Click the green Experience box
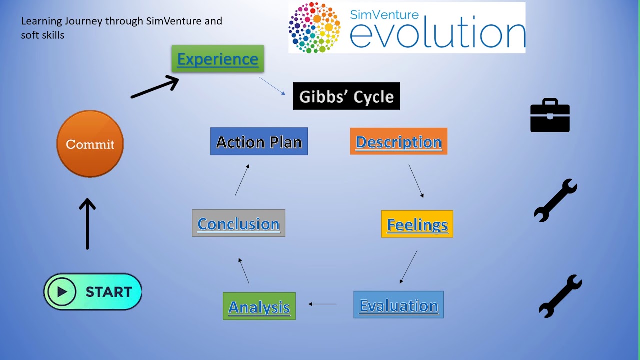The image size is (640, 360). [x=217, y=59]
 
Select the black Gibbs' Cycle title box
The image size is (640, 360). [x=346, y=96]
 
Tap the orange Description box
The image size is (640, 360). [x=398, y=142]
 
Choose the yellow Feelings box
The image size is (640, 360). [x=417, y=224]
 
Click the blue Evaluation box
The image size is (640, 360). [x=398, y=305]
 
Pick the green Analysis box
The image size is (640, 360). [x=259, y=306]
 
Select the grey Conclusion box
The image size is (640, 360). [x=238, y=223]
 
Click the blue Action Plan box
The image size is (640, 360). [x=259, y=142]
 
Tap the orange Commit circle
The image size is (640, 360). [x=90, y=144]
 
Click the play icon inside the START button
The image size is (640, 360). [x=62, y=292]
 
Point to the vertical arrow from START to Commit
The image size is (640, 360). [x=87, y=224]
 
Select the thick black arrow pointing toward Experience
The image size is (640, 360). [x=155, y=87]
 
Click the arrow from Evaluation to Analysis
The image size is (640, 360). [x=322, y=304]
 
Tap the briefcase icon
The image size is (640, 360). [x=550, y=116]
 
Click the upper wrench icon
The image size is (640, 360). [x=555, y=200]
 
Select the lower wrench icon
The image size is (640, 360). [x=560, y=296]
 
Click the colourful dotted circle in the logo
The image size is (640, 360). [x=314, y=28]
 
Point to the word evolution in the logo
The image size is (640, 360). [x=437, y=35]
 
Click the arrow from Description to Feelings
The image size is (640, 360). [x=416, y=181]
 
